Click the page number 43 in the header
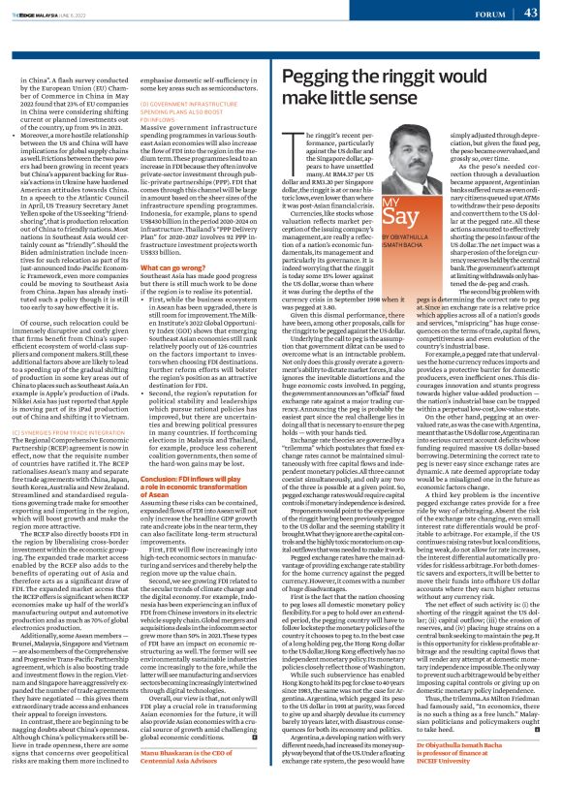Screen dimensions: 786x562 531,13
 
